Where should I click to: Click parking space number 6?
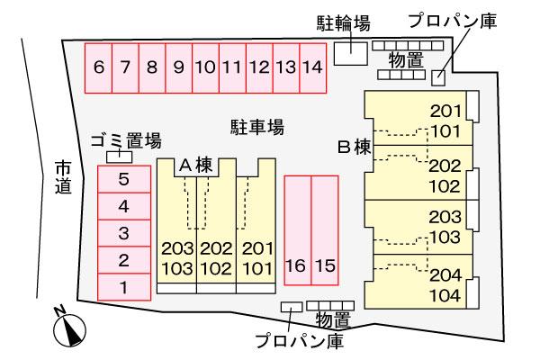[x=98, y=67]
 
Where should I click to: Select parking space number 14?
[x=312, y=67]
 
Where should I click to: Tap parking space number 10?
[x=205, y=67]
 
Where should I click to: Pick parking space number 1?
[x=124, y=288]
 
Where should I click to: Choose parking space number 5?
[x=124, y=179]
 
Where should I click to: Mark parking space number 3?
[x=124, y=234]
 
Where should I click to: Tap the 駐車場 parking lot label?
[x=257, y=127]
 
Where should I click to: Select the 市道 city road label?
[x=62, y=176]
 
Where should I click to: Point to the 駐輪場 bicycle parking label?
[x=343, y=22]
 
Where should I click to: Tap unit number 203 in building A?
[x=177, y=248]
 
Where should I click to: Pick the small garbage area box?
[x=112, y=157]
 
